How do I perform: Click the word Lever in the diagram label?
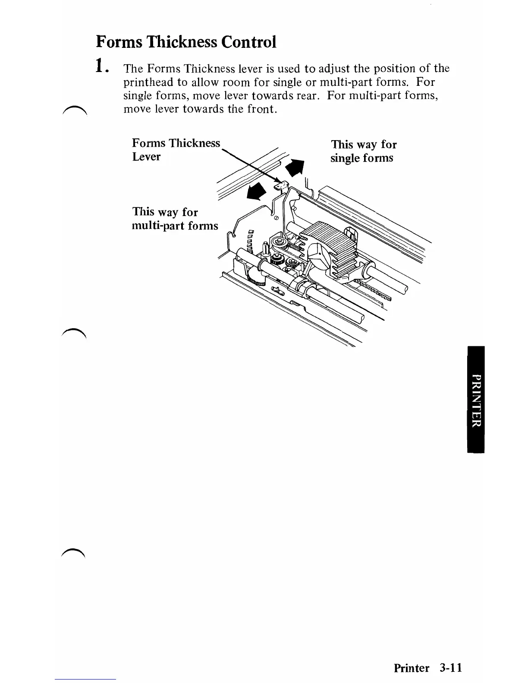point(146,157)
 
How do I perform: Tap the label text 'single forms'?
point(361,158)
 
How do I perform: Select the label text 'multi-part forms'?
point(175,226)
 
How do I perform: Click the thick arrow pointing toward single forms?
point(295,167)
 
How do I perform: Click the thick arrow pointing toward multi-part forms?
point(255,191)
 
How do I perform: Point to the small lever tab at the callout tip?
point(281,185)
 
